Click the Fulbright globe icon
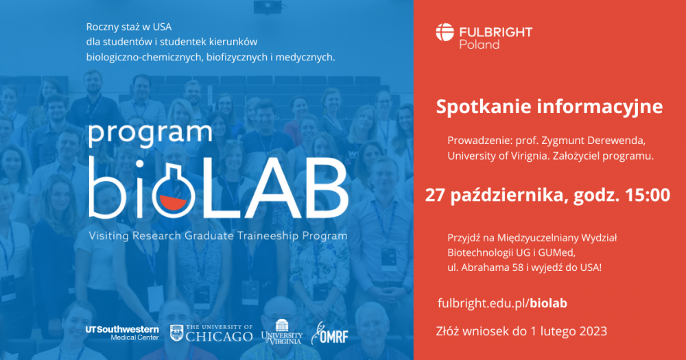(x=445, y=32)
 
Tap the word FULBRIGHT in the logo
(x=496, y=32)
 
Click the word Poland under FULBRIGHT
(x=479, y=45)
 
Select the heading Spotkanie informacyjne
(x=549, y=107)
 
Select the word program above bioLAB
(x=150, y=134)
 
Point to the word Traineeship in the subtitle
(x=263, y=236)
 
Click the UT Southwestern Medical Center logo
(x=122, y=333)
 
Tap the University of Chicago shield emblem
(x=176, y=333)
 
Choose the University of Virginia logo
(x=282, y=333)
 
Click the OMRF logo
(x=330, y=333)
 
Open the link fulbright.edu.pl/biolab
(x=502, y=303)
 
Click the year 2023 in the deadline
(x=593, y=331)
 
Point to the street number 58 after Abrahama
(x=517, y=267)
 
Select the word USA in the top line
(x=162, y=27)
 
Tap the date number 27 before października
(x=435, y=195)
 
